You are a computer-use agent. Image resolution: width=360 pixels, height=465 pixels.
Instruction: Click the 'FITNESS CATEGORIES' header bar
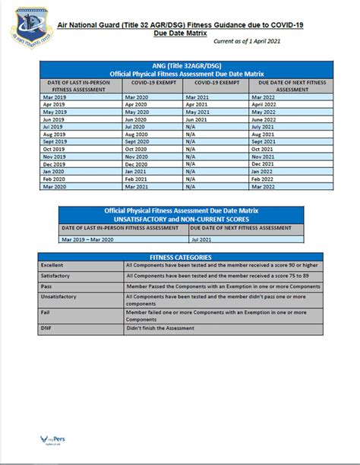tap(180, 257)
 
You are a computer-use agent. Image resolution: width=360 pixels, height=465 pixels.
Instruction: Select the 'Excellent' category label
tap(53, 265)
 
